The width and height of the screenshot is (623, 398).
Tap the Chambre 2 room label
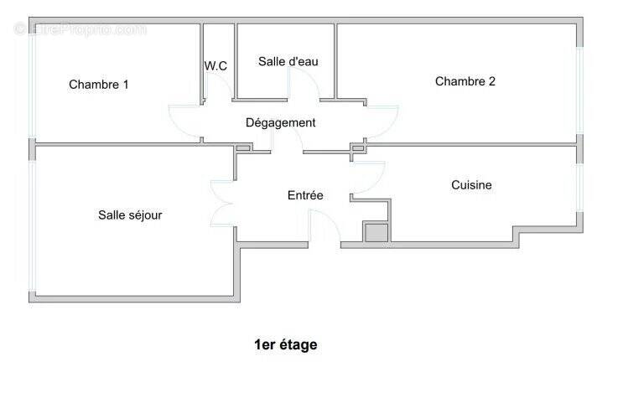(x=465, y=81)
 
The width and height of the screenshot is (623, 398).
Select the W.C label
(x=215, y=65)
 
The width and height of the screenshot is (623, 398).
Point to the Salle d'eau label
(x=288, y=61)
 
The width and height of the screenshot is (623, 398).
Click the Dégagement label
(x=281, y=122)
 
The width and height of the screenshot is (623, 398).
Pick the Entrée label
(x=305, y=195)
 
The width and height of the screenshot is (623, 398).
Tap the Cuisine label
(x=471, y=184)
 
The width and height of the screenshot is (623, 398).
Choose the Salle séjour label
(x=130, y=215)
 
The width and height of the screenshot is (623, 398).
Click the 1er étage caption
(x=286, y=344)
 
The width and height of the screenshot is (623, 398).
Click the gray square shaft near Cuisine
(x=376, y=232)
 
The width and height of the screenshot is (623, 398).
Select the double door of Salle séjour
(x=223, y=203)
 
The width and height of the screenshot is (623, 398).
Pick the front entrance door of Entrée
(x=324, y=227)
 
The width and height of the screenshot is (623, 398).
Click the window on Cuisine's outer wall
(x=579, y=189)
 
